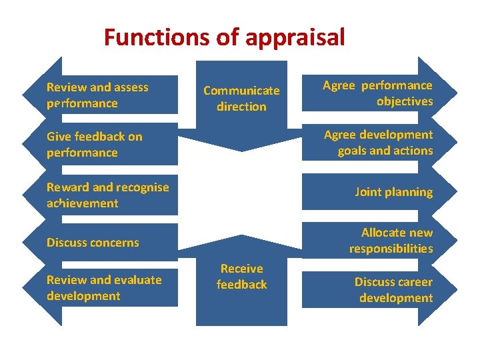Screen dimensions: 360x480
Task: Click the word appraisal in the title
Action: click(x=295, y=37)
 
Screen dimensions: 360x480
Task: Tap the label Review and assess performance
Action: click(x=97, y=95)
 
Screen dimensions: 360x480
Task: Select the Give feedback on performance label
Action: click(x=94, y=145)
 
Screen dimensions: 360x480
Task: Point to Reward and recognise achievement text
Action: click(x=107, y=195)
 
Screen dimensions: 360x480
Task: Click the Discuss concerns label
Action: click(x=93, y=243)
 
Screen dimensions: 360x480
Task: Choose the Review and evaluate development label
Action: click(x=104, y=288)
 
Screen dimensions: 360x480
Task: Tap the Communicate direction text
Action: click(x=241, y=99)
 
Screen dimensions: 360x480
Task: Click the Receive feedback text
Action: click(x=241, y=277)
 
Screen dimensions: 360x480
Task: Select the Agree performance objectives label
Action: click(x=377, y=93)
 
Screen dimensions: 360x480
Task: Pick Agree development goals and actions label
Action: click(x=378, y=143)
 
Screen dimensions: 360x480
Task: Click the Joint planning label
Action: click(x=393, y=193)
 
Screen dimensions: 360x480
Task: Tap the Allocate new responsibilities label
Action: click(x=391, y=241)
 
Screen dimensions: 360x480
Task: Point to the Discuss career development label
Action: click(x=393, y=290)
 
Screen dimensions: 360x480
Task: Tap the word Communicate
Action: click(x=241, y=91)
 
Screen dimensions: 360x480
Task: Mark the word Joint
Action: click(x=367, y=193)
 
